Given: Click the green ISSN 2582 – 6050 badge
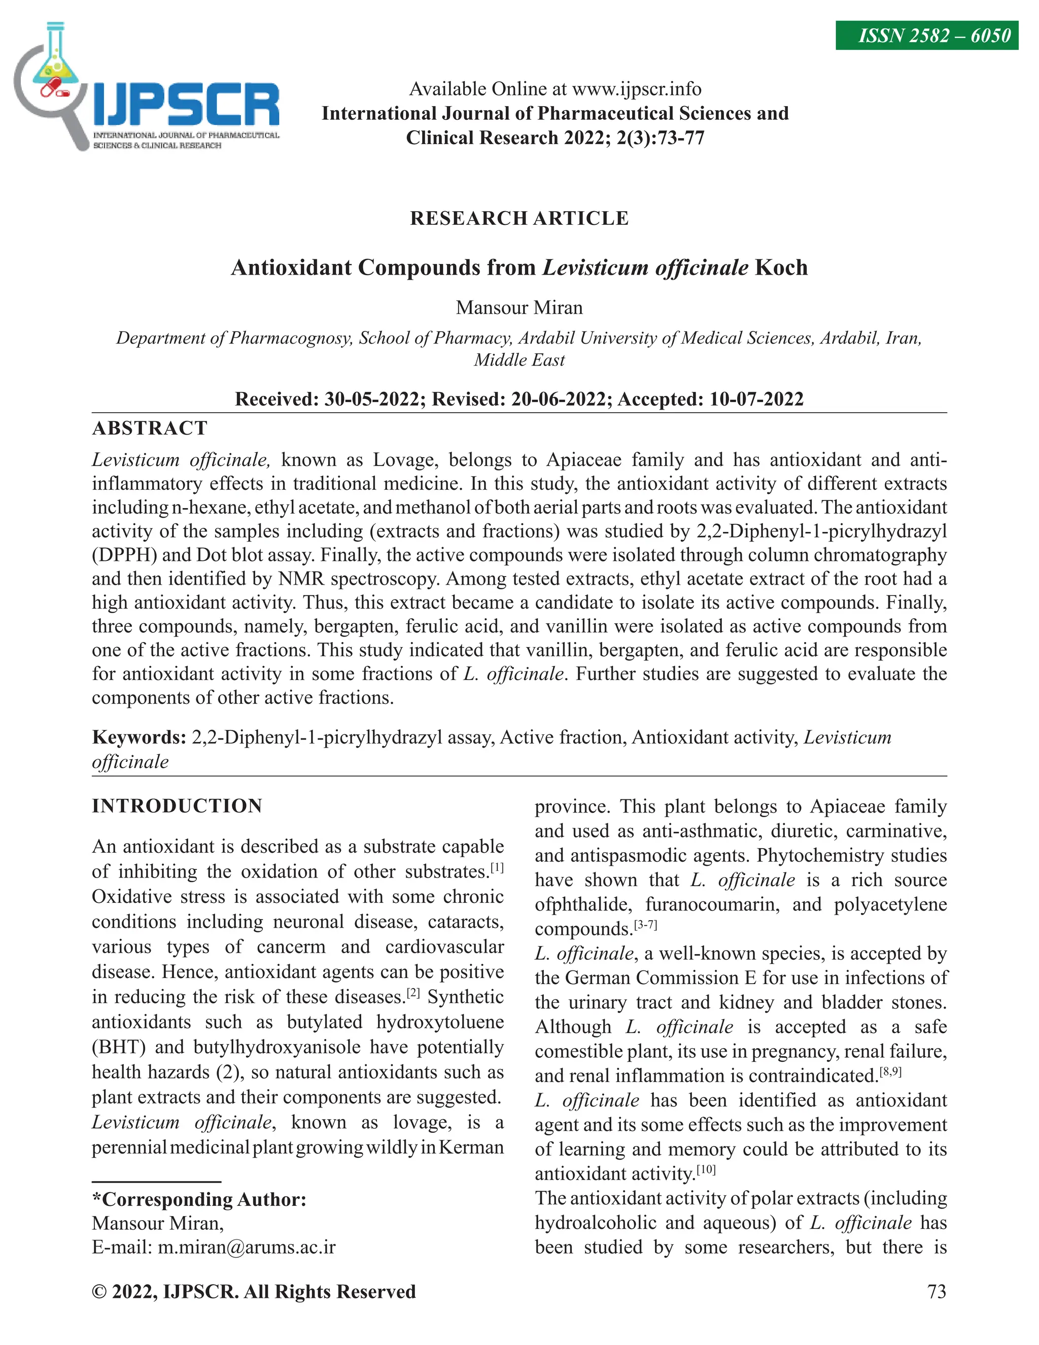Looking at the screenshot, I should [x=926, y=36].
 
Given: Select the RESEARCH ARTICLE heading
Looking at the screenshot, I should [x=519, y=219].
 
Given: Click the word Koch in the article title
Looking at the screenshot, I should [x=781, y=268].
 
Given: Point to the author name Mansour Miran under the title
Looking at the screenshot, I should [x=519, y=307].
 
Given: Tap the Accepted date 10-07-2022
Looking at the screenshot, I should [x=756, y=399].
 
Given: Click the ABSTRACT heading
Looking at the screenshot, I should [x=150, y=428].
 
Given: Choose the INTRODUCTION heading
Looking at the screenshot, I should [x=177, y=806].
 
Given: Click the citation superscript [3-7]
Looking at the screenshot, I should [x=645, y=925].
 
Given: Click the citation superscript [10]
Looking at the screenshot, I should [x=706, y=1169].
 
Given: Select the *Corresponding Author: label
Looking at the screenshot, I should [x=199, y=1200].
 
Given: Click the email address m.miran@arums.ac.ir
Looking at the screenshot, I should [x=246, y=1248].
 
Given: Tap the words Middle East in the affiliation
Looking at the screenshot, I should [x=519, y=360].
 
